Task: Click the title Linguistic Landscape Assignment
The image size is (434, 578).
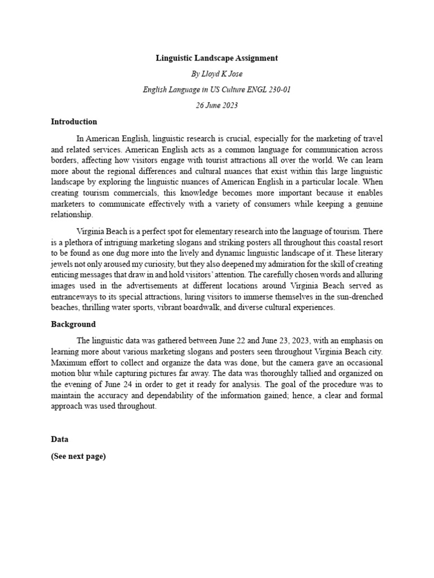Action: [217, 58]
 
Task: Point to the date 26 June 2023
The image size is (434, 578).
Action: [217, 106]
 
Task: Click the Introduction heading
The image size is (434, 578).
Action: [74, 121]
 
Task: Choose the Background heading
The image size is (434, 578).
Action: [73, 324]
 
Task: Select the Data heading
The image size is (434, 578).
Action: [59, 438]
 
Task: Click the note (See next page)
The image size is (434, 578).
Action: [78, 457]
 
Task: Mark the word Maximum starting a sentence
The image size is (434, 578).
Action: [70, 362]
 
